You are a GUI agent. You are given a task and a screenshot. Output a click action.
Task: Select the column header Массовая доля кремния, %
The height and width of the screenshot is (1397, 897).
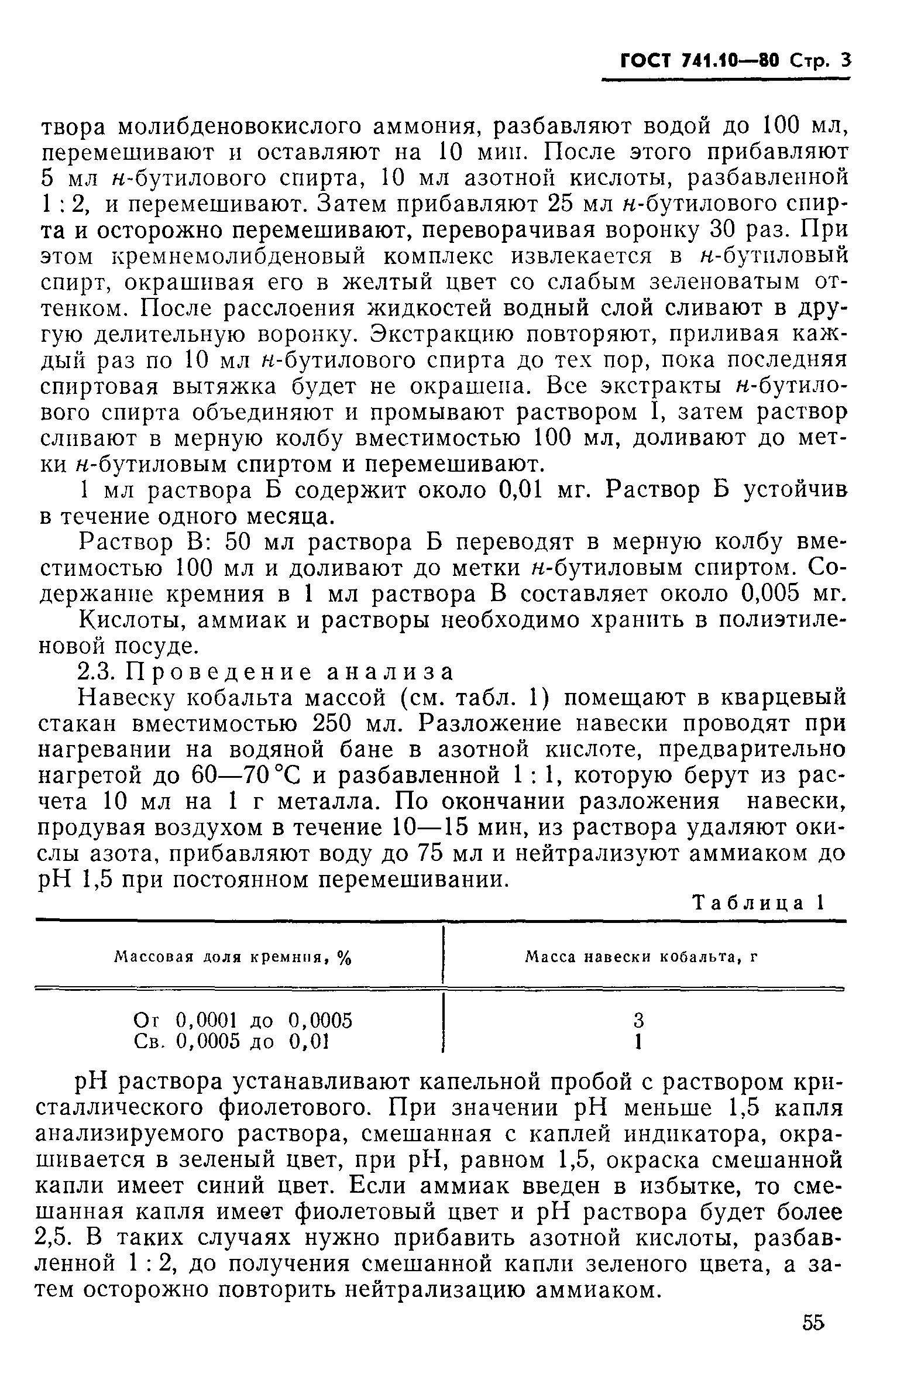click(x=232, y=957)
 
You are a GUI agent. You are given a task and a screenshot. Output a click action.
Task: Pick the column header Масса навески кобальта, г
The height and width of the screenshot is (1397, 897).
click(x=641, y=957)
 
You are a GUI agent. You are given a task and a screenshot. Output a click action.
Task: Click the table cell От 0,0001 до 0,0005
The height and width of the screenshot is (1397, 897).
click(x=243, y=1021)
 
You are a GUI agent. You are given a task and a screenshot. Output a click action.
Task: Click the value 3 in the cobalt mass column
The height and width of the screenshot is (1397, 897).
click(x=639, y=1021)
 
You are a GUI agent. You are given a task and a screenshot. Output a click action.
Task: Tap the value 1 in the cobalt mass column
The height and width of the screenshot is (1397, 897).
click(x=639, y=1042)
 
